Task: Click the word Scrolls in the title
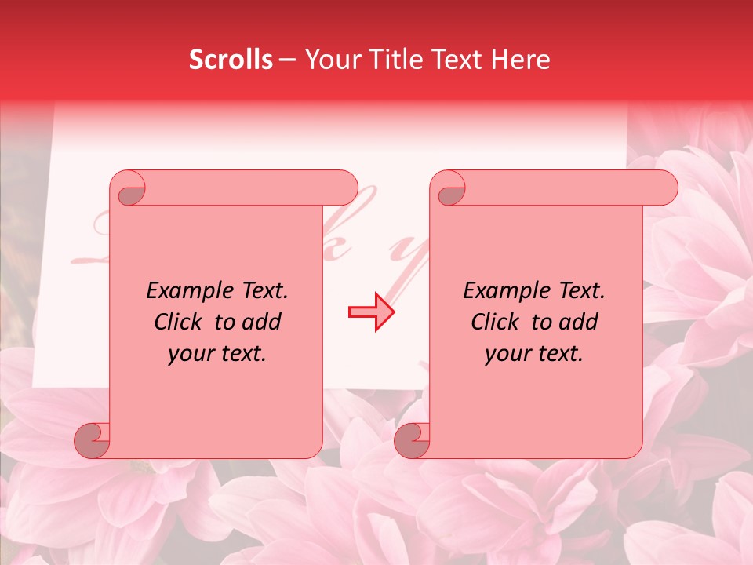point(231,60)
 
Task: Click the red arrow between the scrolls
point(371,312)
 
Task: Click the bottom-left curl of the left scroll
point(92,440)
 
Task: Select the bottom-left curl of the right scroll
point(412,440)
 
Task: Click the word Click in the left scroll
point(177,322)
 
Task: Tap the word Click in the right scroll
point(494,322)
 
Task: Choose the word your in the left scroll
point(191,354)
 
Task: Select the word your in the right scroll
point(507,354)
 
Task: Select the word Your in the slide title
point(329,60)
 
